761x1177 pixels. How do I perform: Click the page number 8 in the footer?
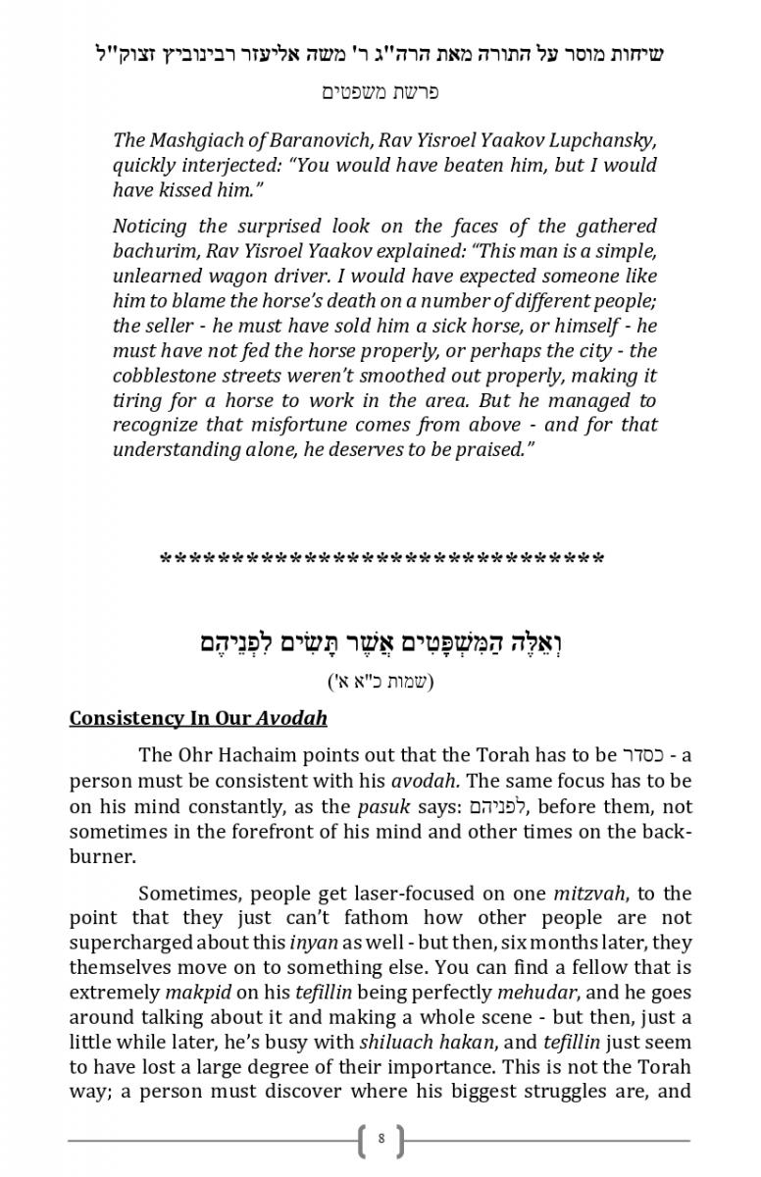click(x=380, y=1140)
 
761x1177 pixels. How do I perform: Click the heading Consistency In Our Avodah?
click(x=198, y=718)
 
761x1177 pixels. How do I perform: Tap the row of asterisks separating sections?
click(x=380, y=560)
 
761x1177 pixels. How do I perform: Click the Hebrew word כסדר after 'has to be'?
click(x=642, y=755)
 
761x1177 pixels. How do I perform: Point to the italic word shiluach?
click(x=391, y=1042)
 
